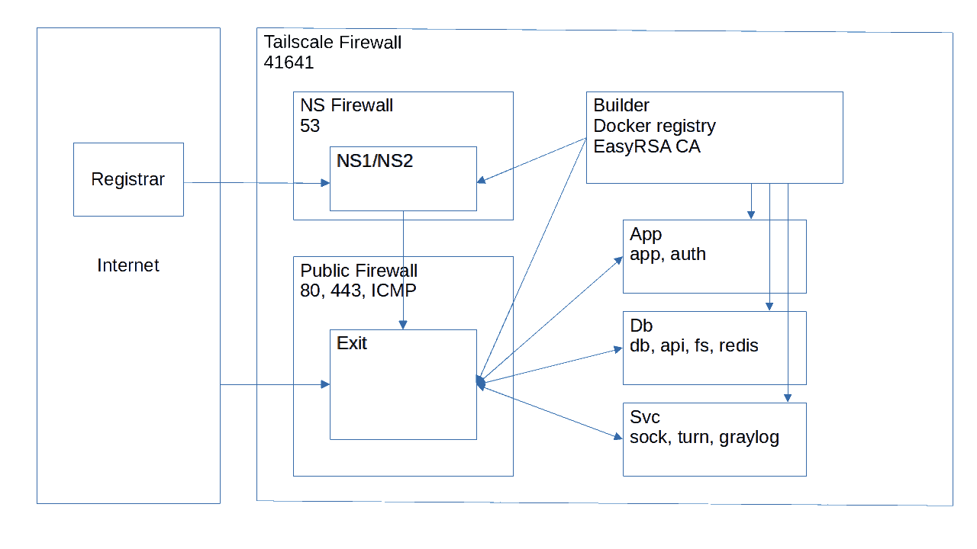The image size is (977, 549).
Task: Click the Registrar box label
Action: pos(127,179)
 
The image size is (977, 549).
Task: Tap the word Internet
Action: pos(128,265)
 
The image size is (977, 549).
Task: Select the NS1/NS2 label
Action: pos(375,161)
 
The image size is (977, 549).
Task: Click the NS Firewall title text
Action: pos(347,105)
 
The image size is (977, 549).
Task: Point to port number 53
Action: pos(310,126)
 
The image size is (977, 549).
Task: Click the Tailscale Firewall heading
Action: pos(332,42)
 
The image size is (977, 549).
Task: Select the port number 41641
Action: pos(289,63)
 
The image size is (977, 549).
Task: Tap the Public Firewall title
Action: pos(359,271)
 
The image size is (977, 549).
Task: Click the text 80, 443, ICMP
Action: pos(359,291)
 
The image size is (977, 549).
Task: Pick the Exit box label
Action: pos(352,343)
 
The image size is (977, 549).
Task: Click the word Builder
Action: pos(621,105)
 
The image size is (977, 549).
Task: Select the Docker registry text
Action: pos(655,126)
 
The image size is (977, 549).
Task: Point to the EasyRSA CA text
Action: pos(647,146)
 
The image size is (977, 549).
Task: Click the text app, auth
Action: pos(668,254)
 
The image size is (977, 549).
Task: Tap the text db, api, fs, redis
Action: pos(694,345)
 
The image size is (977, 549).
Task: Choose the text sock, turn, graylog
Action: pos(705,437)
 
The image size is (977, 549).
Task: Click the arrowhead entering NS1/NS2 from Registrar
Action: pos(325,183)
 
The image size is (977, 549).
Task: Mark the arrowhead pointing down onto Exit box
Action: pos(403,325)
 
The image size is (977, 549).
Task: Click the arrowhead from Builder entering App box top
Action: pos(751,215)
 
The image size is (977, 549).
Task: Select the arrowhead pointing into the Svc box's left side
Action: pos(618,437)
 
